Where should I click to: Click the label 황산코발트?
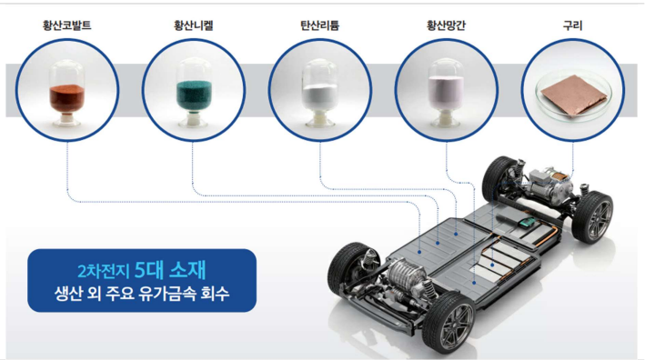pyautogui.click(x=66, y=25)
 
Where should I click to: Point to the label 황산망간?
pyautogui.click(x=448, y=25)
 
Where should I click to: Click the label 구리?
pyautogui.click(x=573, y=25)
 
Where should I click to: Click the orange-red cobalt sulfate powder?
pyautogui.click(x=66, y=96)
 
